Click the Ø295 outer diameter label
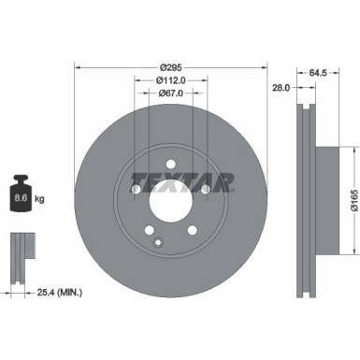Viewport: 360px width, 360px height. coord(170,67)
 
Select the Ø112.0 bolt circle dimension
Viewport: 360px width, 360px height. coord(169,80)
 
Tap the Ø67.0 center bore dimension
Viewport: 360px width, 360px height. coord(169,94)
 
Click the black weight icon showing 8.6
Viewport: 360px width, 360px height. coord(21,194)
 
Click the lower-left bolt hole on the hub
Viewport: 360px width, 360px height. coord(149,227)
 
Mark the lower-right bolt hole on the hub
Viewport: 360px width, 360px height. coord(193,227)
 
